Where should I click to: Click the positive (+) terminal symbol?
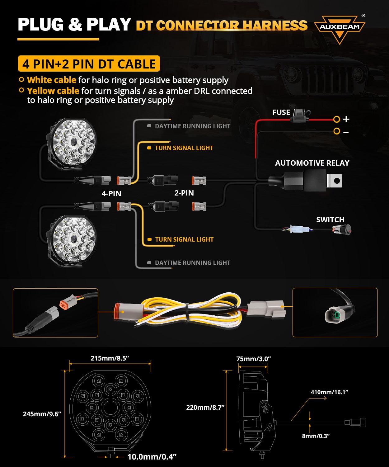tap(346, 119)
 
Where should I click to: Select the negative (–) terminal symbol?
tap(346, 132)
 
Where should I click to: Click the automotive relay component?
tap(311, 180)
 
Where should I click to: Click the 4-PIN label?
tap(111, 194)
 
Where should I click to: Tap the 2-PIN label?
tap(184, 193)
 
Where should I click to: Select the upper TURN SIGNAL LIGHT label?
tap(184, 148)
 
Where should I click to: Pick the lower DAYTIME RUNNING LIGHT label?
tap(192, 263)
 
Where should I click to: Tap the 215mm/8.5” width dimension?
tap(110, 358)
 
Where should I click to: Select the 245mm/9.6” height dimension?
tap(42, 414)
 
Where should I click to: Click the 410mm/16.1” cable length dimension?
tap(329, 392)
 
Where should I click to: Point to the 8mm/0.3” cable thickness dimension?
tap(316, 436)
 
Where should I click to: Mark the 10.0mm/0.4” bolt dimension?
tap(152, 457)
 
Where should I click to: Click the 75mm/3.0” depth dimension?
tap(254, 359)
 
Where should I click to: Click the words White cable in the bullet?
tap(51, 80)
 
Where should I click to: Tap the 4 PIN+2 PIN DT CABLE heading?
tap(89, 64)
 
